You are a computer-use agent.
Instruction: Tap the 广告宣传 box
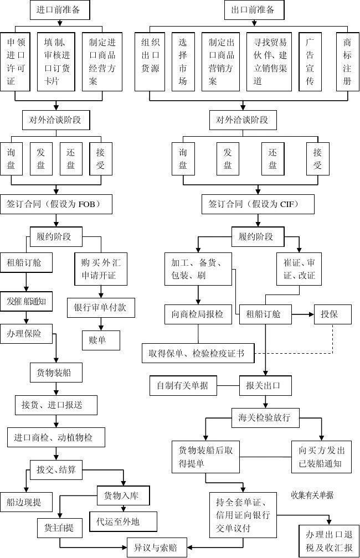tap(310, 62)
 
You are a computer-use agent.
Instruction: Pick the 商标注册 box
tap(347, 62)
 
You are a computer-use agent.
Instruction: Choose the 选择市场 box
tap(183, 62)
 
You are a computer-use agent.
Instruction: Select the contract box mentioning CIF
tap(258, 204)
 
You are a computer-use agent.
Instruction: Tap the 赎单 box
tap(101, 340)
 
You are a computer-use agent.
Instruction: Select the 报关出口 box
tap(265, 385)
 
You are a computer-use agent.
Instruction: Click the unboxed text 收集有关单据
tap(313, 495)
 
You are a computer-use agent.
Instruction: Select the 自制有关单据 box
tap(183, 385)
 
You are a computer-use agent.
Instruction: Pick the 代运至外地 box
tap(126, 521)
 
